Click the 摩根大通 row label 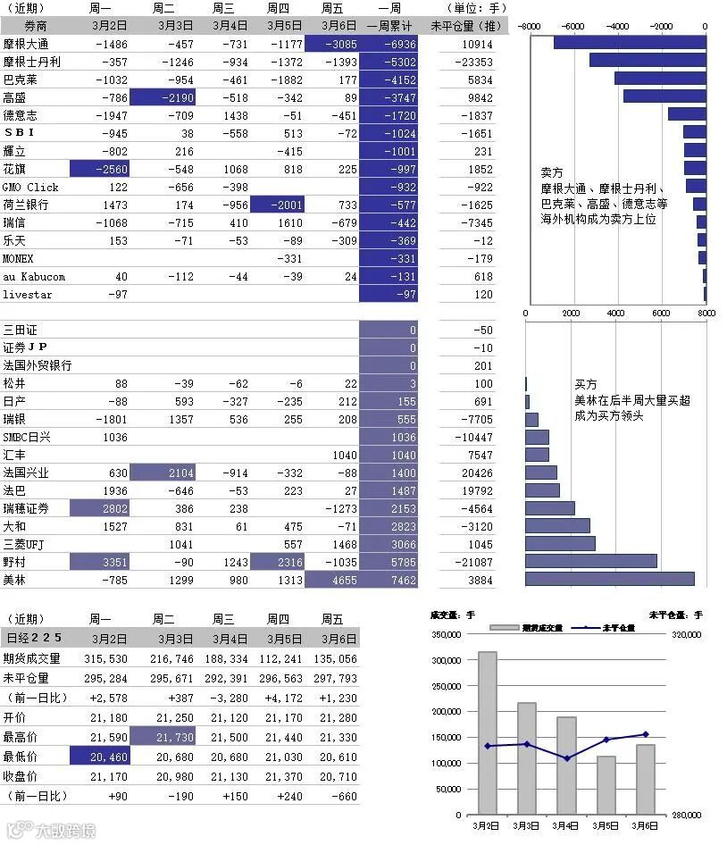(x=26, y=44)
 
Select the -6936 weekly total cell (x=389, y=44)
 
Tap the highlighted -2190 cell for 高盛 (x=163, y=97)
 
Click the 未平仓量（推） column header (x=465, y=26)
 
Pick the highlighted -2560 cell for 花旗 (x=100, y=169)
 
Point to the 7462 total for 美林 (x=389, y=580)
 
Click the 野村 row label (x=15, y=562)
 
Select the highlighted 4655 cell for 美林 (x=332, y=580)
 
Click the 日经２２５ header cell (x=34, y=639)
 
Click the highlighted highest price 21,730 (x=163, y=737)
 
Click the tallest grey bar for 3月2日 (x=488, y=732)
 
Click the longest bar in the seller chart (x=629, y=42)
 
